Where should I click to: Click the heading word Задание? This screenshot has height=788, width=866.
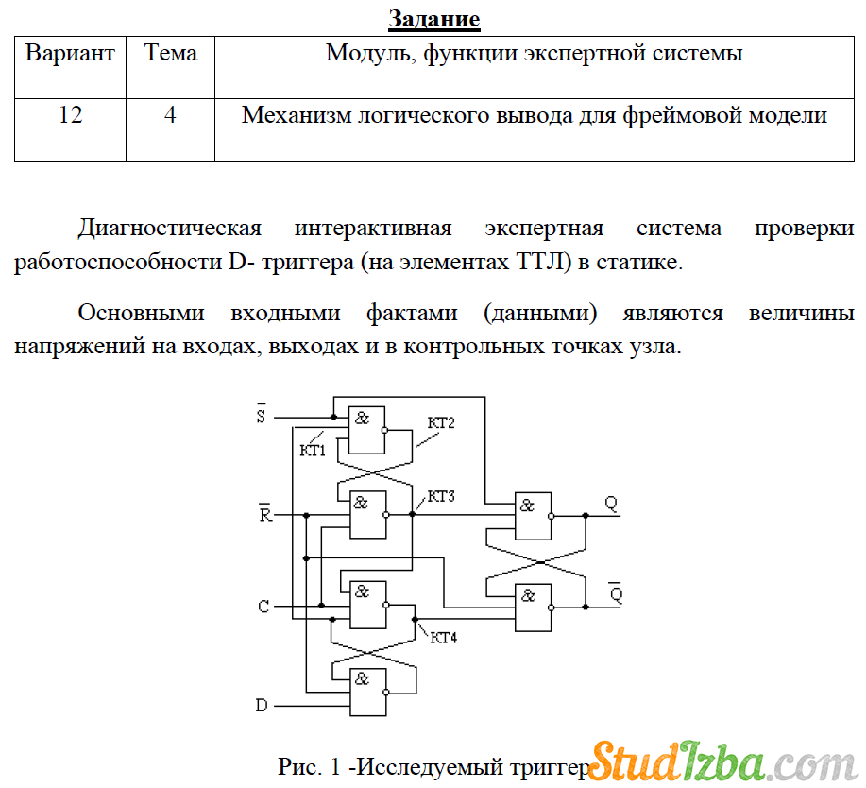[x=434, y=19]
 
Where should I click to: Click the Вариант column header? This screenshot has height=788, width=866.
[x=70, y=53]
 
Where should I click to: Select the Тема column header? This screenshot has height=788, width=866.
[x=170, y=53]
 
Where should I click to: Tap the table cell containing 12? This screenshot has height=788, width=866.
[x=70, y=116]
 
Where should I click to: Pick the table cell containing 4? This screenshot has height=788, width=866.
[x=170, y=116]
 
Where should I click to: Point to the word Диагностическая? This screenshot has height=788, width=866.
[x=170, y=229]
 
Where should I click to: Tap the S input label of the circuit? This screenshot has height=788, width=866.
[x=262, y=416]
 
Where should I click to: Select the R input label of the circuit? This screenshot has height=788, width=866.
[x=264, y=515]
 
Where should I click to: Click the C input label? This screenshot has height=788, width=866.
[x=263, y=607]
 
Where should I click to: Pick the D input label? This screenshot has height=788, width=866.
[x=263, y=705]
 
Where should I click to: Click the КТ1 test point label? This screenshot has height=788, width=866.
[x=313, y=450]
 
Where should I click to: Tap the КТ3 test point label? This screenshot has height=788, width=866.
[x=442, y=496]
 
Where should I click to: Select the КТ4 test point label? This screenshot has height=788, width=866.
[x=444, y=638]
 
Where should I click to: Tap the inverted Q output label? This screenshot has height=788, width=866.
[x=616, y=594]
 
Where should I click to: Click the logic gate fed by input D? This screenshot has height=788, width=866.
[x=367, y=693]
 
